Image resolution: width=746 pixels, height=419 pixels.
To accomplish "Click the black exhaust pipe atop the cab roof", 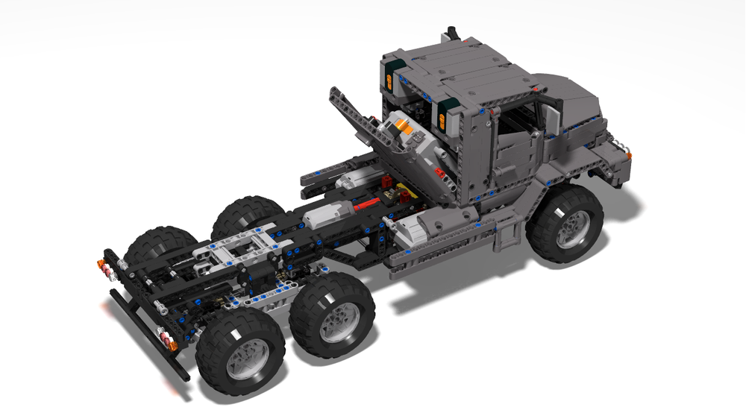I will click(451, 34).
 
